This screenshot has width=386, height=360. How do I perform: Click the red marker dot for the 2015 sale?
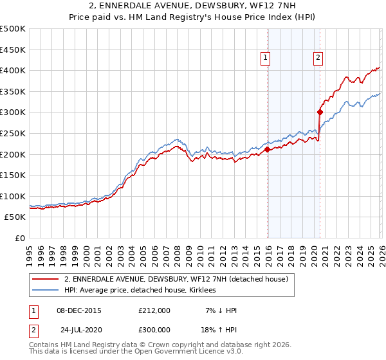coord(267,150)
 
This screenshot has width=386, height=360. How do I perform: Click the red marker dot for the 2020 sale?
coord(320,112)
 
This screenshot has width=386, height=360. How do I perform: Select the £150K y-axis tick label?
coord(14,175)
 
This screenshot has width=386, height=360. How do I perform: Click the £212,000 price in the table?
coord(154,310)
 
